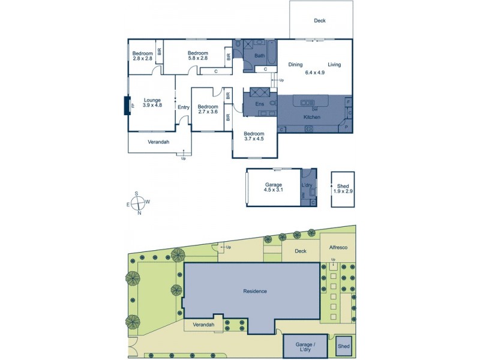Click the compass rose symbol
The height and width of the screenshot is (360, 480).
(137, 202)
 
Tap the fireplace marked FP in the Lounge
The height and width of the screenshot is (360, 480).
(127, 105)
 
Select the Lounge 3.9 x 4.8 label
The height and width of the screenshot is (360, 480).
(152, 103)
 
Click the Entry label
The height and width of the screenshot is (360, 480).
(183, 107)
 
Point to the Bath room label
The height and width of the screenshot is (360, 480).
(259, 56)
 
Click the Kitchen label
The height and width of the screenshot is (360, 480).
(311, 117)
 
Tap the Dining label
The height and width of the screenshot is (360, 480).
(295, 65)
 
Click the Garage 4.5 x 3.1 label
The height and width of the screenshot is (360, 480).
(274, 187)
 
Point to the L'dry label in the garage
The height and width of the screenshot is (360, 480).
(307, 184)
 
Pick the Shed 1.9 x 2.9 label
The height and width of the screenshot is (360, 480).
(343, 188)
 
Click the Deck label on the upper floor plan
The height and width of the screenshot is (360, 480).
(320, 21)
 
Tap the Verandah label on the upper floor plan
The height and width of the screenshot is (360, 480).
(158, 142)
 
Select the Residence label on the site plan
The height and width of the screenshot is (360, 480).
(254, 292)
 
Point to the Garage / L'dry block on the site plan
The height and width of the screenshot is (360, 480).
(304, 347)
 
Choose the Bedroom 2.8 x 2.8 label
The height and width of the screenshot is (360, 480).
(142, 56)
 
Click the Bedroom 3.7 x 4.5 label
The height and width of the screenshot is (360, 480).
(254, 136)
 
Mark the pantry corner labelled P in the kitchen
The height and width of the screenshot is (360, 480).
(346, 127)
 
